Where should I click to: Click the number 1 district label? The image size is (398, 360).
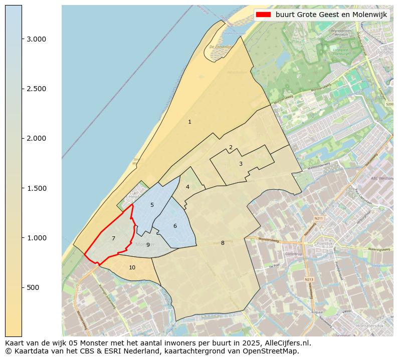189,122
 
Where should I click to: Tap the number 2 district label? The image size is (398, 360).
231,147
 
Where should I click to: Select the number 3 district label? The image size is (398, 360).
241,164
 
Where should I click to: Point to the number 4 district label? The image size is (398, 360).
187,187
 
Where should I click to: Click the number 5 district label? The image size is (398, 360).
152,205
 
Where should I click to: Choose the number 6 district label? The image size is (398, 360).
175,226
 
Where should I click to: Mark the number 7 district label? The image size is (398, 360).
113,238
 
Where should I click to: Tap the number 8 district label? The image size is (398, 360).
223,243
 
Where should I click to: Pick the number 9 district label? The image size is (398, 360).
148,245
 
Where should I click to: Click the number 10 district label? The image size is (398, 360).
132,267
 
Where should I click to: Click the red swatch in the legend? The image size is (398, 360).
263,15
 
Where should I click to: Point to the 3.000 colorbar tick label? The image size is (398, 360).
36,39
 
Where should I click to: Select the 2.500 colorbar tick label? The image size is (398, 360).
36,89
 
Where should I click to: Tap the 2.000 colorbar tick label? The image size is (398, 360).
36,138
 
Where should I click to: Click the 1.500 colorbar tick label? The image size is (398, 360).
36,188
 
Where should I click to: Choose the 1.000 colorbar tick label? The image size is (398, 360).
36,238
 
